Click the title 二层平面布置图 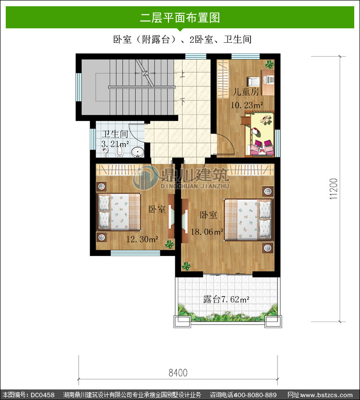coord(180,18)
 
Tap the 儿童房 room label coord(246,92)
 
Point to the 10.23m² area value coord(247,105)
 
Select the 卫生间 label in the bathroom coord(115,134)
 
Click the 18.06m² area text coord(207,231)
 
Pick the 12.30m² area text coord(142,239)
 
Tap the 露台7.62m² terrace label coord(226,299)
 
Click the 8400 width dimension coord(178,373)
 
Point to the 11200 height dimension coord(334,189)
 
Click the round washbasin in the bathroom coord(138,152)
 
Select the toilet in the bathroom coord(120,151)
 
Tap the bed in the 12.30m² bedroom coord(120,212)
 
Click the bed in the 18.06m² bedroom coord(248,219)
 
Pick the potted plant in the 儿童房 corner coord(269,64)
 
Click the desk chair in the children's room coord(253,81)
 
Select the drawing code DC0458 coord(43,395)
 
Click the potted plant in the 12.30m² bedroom coord(169,244)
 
